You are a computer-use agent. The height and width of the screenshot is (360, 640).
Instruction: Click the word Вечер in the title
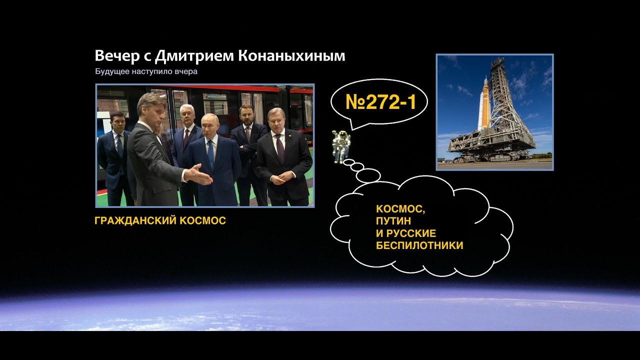(x=113, y=56)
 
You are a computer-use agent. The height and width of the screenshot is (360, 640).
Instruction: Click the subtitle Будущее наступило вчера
(x=146, y=71)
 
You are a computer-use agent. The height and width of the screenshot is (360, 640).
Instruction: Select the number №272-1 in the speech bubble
(x=380, y=102)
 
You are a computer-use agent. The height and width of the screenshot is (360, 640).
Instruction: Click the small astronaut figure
(x=341, y=145)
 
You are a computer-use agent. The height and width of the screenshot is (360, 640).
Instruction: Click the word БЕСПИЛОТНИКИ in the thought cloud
(x=419, y=245)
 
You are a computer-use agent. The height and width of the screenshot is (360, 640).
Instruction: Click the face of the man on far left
(x=117, y=122)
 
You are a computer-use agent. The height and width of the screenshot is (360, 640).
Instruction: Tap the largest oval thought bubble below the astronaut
(x=368, y=175)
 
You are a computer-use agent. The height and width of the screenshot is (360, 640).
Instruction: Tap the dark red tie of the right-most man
(x=281, y=150)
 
